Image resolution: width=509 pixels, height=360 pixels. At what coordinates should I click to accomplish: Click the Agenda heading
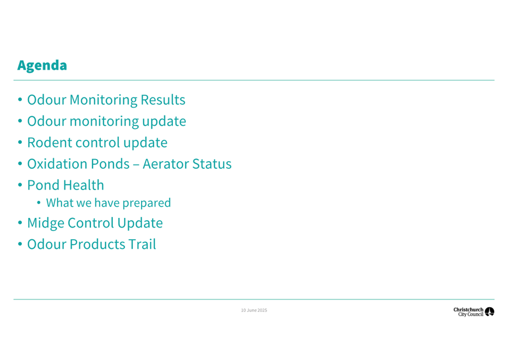tap(42, 65)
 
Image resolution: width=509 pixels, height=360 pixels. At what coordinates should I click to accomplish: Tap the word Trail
tap(142, 244)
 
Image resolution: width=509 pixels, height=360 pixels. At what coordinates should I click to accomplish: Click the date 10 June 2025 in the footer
tap(254, 310)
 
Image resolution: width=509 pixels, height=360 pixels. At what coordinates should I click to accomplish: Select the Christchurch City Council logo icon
tap(489, 312)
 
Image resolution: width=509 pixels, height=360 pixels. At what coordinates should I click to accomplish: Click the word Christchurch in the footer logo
tap(469, 310)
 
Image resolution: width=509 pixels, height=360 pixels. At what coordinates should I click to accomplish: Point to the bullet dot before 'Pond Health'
tap(20, 185)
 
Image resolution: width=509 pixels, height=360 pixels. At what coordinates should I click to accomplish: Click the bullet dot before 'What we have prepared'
tap(39, 203)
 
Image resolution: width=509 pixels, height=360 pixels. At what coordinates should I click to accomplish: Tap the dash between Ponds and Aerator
tap(136, 164)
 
